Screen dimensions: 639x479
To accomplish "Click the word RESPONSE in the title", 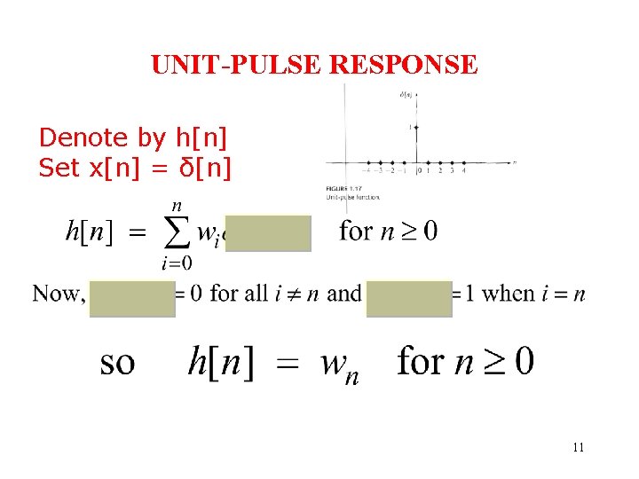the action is (x=406, y=65).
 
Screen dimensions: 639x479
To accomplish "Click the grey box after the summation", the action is (x=268, y=232).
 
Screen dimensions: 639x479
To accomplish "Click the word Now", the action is (x=57, y=294).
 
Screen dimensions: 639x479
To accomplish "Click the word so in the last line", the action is (x=117, y=362).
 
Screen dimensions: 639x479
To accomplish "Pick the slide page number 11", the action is (x=578, y=447).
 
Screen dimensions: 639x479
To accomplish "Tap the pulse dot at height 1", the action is (x=415, y=127).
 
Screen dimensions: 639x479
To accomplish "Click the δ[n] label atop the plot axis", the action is (x=408, y=94).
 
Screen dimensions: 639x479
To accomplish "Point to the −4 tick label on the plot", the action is (x=367, y=171).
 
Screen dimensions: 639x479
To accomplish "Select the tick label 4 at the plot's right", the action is (x=463, y=171).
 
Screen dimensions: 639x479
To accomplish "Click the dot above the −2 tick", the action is (x=392, y=162).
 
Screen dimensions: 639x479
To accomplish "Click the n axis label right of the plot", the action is (x=514, y=162).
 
